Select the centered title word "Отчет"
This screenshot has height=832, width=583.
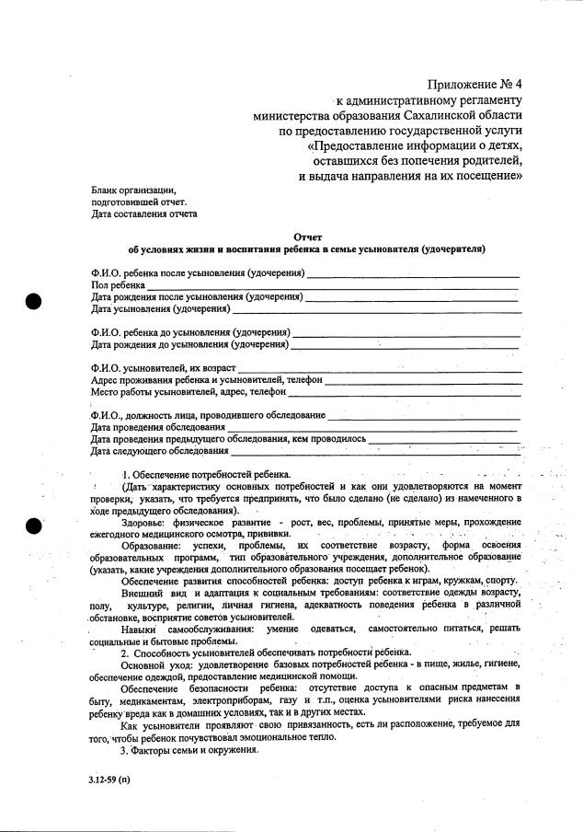click(306, 237)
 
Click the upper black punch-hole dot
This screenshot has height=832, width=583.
click(35, 301)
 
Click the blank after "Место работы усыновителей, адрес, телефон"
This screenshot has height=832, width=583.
click(405, 392)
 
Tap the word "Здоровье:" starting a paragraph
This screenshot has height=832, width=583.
click(143, 522)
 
